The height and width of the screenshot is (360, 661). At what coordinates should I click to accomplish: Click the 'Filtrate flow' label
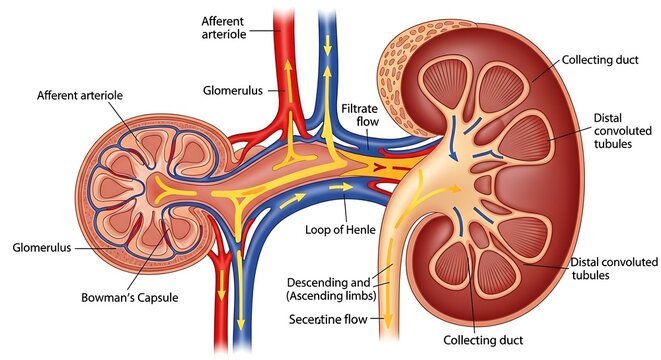[x=359, y=115]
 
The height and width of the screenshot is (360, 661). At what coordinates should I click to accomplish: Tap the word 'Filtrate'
[x=359, y=108]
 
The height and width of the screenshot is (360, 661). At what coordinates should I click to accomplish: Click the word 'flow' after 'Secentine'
[x=356, y=320]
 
